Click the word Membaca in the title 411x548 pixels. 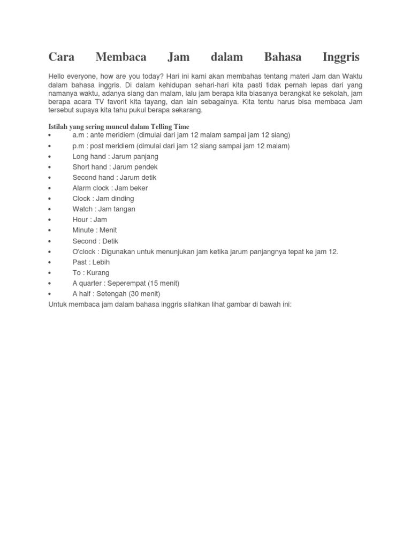pos(121,57)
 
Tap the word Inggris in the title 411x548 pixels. pos(341,57)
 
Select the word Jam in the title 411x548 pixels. pos(177,57)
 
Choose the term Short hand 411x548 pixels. pos(90,167)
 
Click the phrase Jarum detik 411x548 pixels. pos(139,178)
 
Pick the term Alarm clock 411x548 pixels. pos(91,188)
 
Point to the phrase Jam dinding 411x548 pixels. pos(116,199)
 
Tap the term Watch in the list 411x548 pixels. pos(82,209)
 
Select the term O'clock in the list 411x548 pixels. pos(84,252)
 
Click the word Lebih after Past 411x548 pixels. pos(101,262)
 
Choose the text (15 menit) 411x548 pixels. pos(161,283)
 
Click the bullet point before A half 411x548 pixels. pos(50,294)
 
